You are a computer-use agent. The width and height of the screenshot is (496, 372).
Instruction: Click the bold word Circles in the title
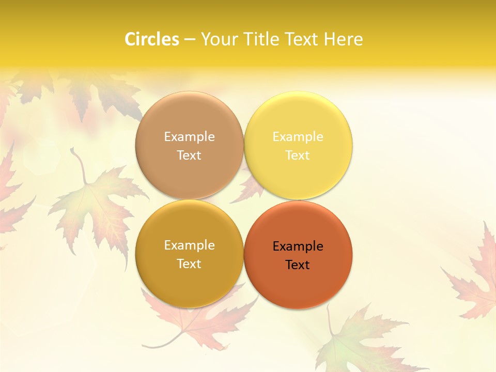pyautogui.click(x=151, y=39)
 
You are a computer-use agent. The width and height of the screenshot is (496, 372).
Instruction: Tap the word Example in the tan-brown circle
pyautogui.click(x=189, y=137)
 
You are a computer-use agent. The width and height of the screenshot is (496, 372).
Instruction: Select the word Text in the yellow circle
pyautogui.click(x=298, y=155)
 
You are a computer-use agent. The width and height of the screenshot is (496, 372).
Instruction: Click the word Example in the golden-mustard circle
pyautogui.click(x=189, y=245)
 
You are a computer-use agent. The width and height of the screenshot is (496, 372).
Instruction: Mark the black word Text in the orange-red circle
pyautogui.click(x=298, y=265)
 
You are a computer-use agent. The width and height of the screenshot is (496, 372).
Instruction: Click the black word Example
pyautogui.click(x=298, y=246)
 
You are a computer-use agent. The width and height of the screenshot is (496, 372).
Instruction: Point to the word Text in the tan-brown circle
pyautogui.click(x=189, y=155)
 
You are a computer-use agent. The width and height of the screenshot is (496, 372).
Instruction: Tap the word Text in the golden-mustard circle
pyautogui.click(x=189, y=263)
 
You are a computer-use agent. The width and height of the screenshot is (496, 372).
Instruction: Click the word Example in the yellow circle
pyautogui.click(x=298, y=137)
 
